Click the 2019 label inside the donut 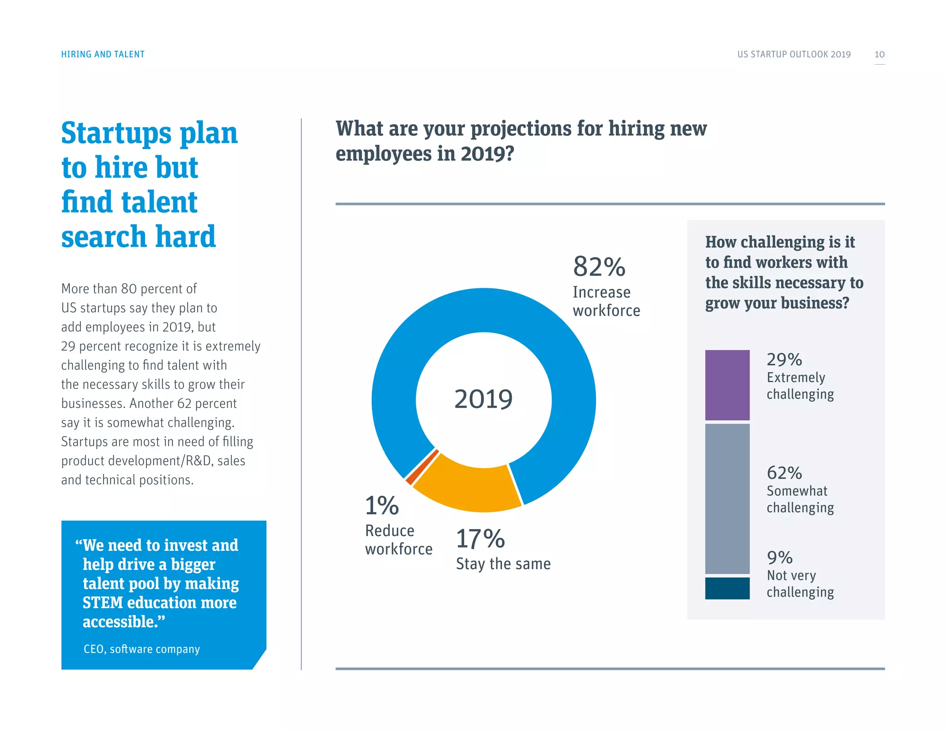pos(483,399)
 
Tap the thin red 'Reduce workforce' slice pos(421,467)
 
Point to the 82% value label pos(599,267)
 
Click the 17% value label pos(480,539)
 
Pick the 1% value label pos(382,506)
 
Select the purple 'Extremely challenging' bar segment pos(727,385)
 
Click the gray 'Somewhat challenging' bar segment pos(727,498)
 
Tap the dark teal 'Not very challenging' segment pos(727,588)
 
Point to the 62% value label pos(784,473)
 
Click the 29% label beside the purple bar pos(784,359)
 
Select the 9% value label pos(780,558)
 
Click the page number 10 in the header pos(879,55)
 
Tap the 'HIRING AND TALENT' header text pos(103,55)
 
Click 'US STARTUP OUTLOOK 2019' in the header pos(794,55)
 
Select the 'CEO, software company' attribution pos(141,649)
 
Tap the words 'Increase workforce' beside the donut pos(606,301)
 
